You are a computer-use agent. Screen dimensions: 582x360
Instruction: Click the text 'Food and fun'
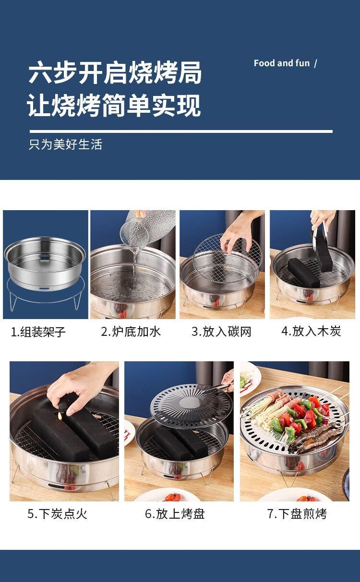point(282,63)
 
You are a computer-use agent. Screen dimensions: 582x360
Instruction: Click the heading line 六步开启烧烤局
point(115,73)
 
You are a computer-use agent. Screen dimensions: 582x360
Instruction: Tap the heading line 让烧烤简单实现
point(114,106)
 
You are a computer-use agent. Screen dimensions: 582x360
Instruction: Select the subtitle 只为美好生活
point(65,144)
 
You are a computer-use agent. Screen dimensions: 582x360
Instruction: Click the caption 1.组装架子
point(38,332)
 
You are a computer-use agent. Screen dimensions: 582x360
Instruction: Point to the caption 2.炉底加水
point(131,332)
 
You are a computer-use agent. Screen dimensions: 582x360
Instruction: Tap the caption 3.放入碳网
point(221,332)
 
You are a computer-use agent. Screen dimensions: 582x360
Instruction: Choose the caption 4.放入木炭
point(311,331)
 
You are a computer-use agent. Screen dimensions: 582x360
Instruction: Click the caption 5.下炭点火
point(57,514)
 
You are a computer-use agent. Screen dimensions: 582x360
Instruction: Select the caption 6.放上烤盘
point(175,514)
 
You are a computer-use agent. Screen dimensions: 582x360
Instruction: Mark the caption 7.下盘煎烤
point(297,514)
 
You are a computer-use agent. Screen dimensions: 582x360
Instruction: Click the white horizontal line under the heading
point(181,131)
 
